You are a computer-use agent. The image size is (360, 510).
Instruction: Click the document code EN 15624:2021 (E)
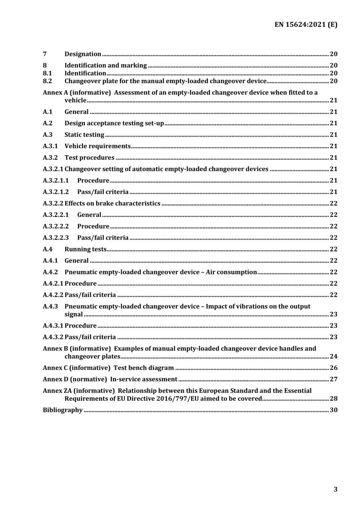pyautogui.click(x=306, y=25)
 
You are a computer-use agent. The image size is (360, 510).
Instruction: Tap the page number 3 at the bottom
pyautogui.click(x=335, y=489)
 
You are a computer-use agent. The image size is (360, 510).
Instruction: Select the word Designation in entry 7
pyautogui.click(x=83, y=54)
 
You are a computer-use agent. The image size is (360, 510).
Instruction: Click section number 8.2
pyautogui.click(x=47, y=81)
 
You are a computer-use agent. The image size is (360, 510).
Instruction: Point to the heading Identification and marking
pyautogui.click(x=105, y=65)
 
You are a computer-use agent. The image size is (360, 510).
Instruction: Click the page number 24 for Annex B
pyautogui.click(x=333, y=356)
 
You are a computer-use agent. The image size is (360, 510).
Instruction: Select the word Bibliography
pyautogui.click(x=63, y=410)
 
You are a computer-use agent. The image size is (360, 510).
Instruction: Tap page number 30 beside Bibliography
pyautogui.click(x=333, y=410)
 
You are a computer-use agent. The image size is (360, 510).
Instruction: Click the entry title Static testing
pyautogui.click(x=84, y=135)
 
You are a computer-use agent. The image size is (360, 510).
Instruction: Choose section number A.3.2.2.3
pyautogui.click(x=56, y=237)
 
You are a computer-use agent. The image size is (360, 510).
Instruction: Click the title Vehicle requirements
pyautogui.click(x=97, y=146)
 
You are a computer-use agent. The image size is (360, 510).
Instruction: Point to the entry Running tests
pyautogui.click(x=85, y=249)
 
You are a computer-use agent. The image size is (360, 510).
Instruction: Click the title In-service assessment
pyautogui.click(x=144, y=379)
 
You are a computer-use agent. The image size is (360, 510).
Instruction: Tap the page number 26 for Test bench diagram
pyautogui.click(x=333, y=367)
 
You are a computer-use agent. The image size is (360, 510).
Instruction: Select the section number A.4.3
pyautogui.click(x=50, y=306)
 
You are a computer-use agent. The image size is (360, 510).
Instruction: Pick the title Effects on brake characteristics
pyautogui.click(x=112, y=203)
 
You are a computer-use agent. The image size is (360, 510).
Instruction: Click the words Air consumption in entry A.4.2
pyautogui.click(x=231, y=272)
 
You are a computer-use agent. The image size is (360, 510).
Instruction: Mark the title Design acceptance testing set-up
pyautogui.click(x=114, y=123)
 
